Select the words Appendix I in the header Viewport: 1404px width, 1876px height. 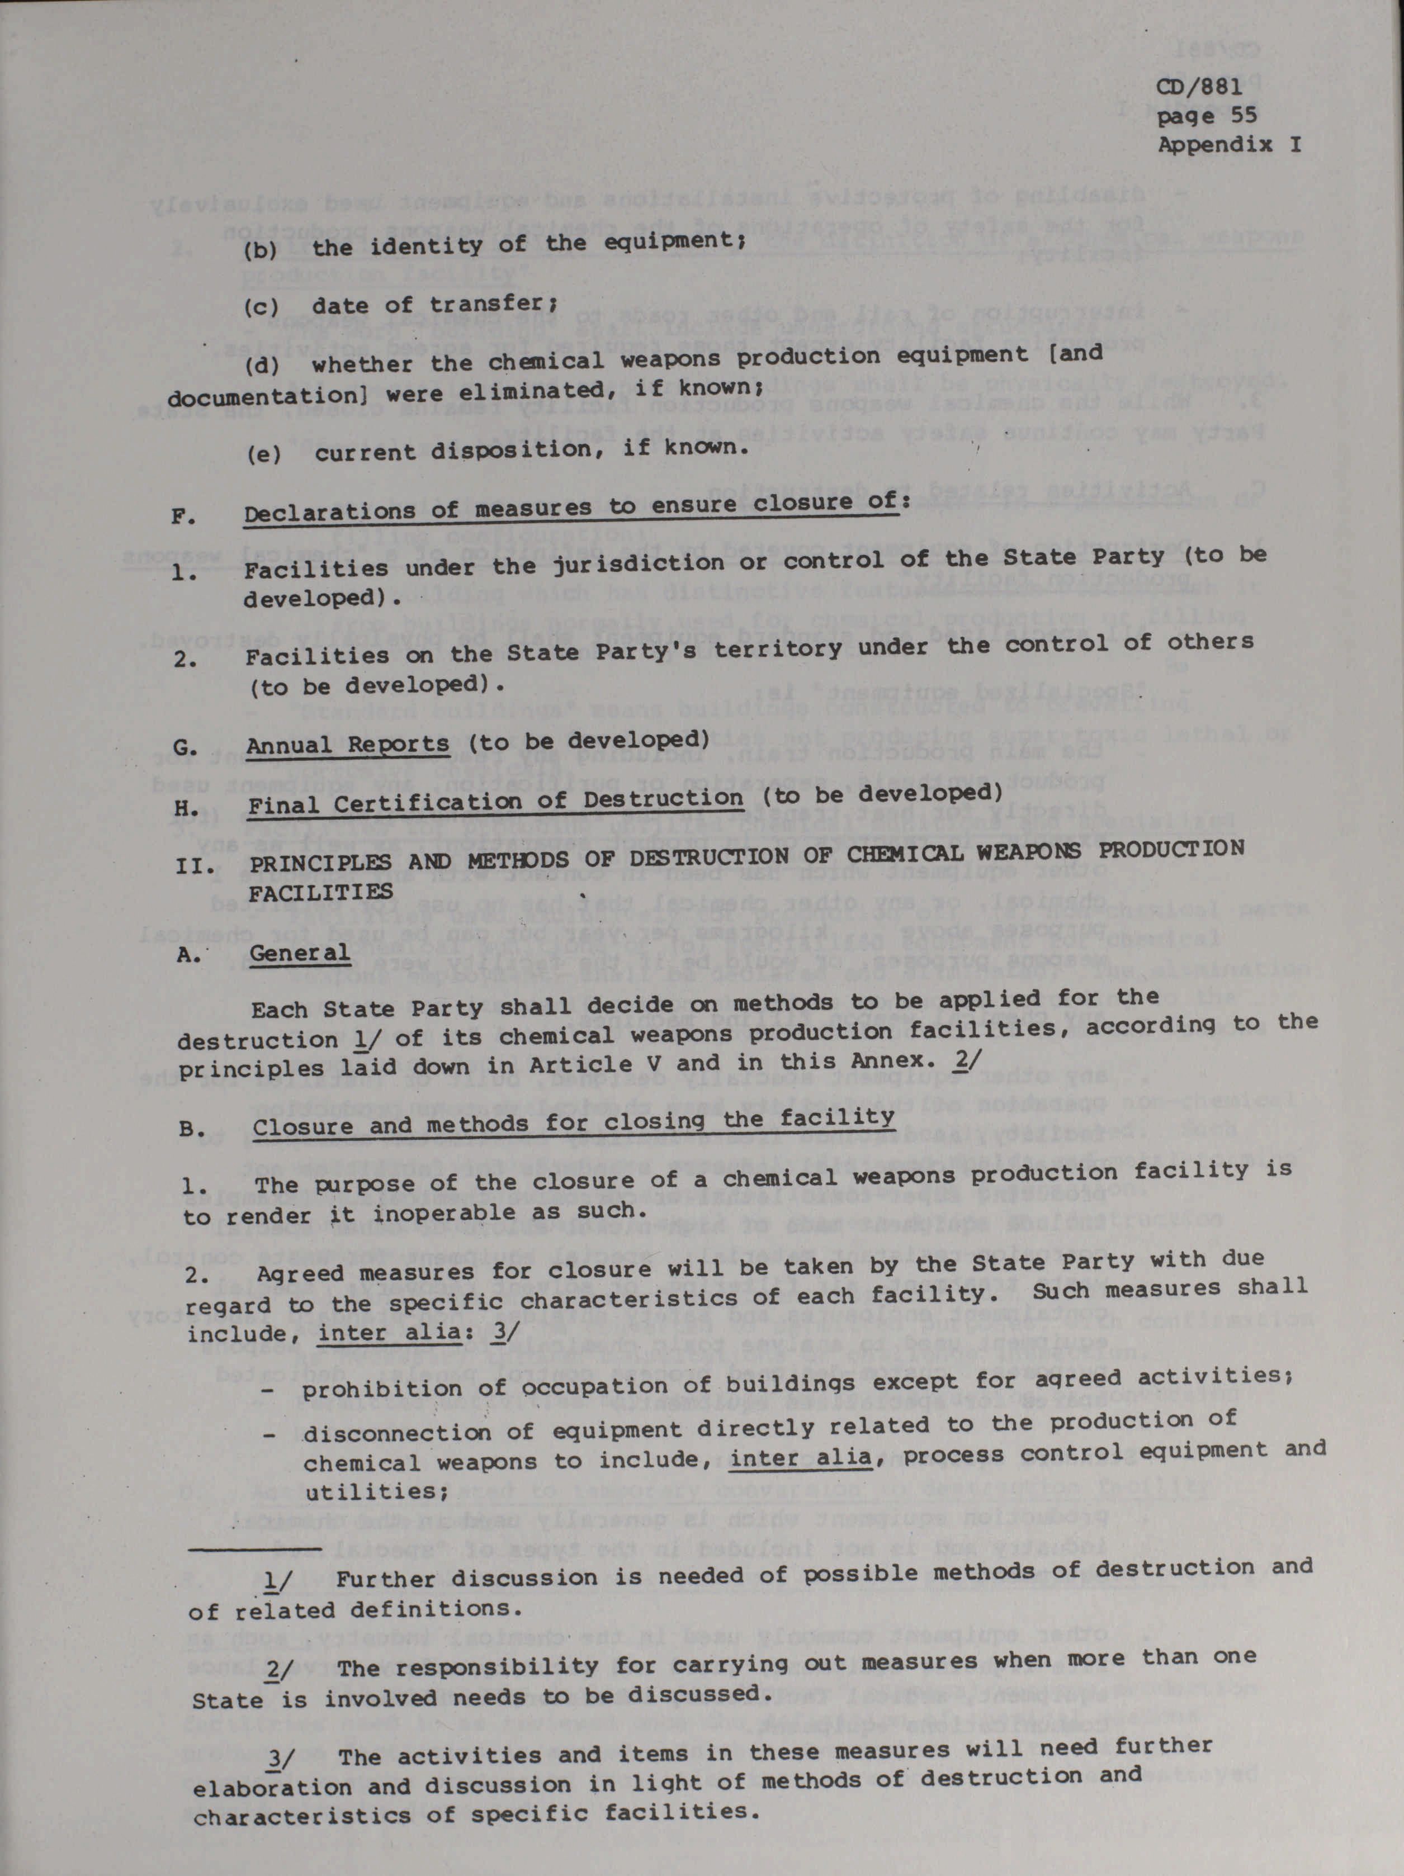click(1229, 145)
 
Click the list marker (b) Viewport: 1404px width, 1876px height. click(261, 251)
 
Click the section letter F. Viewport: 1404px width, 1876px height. click(184, 515)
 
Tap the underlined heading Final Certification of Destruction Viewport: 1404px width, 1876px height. click(495, 800)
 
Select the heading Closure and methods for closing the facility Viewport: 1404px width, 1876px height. click(574, 1123)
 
